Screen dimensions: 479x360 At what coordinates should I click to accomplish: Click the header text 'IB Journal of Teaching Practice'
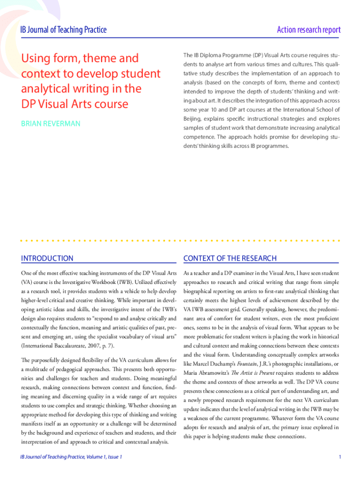(x=64, y=30)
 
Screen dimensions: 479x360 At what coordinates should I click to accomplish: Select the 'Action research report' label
(x=309, y=30)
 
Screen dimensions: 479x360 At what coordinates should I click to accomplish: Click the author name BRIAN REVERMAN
(x=50, y=123)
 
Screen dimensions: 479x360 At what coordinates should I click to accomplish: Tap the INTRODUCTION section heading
(x=47, y=258)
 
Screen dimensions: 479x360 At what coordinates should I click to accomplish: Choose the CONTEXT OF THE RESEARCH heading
(x=230, y=258)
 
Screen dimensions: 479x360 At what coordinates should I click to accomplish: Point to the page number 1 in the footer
(x=340, y=457)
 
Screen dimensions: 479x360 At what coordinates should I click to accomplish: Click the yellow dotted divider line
(x=180, y=241)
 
